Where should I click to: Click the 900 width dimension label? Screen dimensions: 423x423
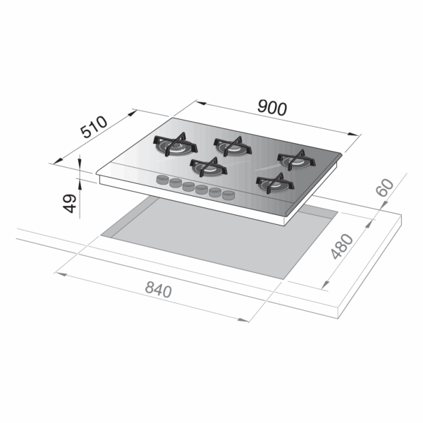[272, 108]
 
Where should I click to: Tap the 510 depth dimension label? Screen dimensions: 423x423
[94, 127]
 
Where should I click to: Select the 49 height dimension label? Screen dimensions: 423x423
[70, 203]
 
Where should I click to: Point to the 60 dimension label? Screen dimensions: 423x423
[385, 188]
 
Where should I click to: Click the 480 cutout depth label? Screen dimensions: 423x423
[342, 247]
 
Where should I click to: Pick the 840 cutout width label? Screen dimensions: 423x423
[159, 290]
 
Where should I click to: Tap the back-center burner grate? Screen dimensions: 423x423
[232, 146]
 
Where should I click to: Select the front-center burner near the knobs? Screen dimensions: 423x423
[208, 166]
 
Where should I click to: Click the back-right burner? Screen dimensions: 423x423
[296, 160]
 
